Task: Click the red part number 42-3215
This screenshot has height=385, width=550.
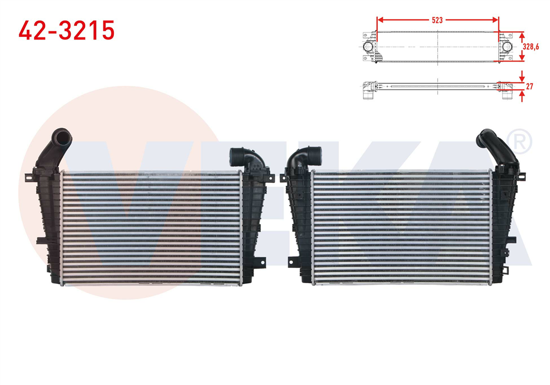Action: [x=67, y=30]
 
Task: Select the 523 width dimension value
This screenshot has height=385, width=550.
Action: [x=437, y=20]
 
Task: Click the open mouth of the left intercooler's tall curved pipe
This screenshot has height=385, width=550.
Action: [x=62, y=135]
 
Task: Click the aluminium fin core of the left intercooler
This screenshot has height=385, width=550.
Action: [x=151, y=228]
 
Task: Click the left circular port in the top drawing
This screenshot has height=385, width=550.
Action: [x=367, y=46]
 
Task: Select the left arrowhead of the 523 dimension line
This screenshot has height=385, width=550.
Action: [x=380, y=20]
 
